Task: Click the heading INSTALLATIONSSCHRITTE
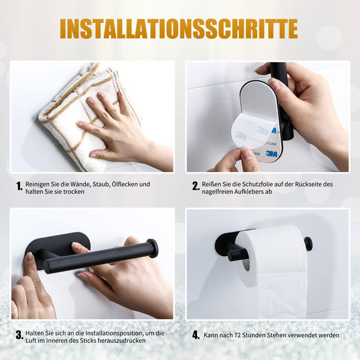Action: (x=179, y=28)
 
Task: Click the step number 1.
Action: (x=19, y=186)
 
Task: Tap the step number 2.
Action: (x=196, y=186)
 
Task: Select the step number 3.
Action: (x=20, y=335)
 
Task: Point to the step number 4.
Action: (x=196, y=335)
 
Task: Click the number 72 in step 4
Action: (x=237, y=335)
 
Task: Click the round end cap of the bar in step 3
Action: (x=152, y=248)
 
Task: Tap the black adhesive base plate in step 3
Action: (x=58, y=244)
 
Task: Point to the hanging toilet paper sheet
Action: (x=283, y=292)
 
